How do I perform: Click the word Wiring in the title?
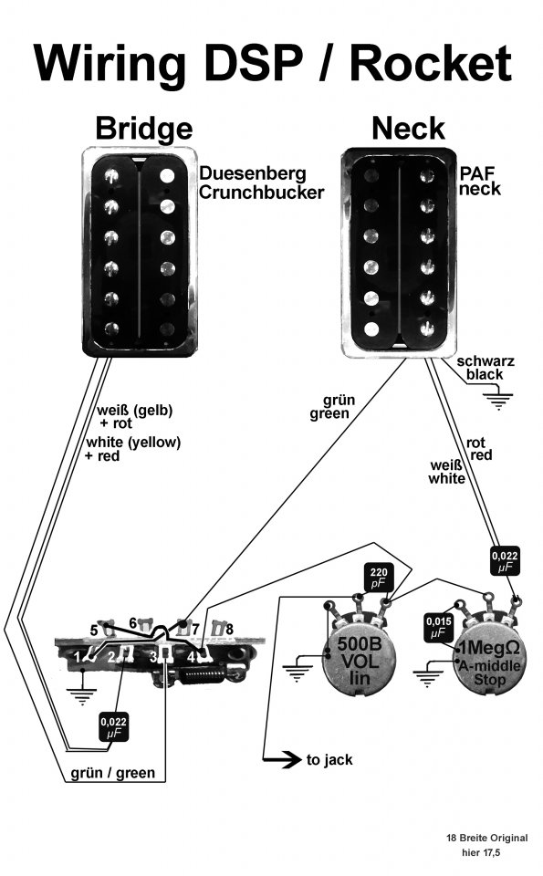click(110, 64)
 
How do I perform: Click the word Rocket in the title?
click(431, 63)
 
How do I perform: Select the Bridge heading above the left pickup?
click(144, 129)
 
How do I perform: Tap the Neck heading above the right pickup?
click(408, 129)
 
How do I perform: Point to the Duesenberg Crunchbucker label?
click(261, 182)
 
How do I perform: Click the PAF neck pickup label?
click(480, 181)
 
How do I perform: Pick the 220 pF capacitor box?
click(378, 578)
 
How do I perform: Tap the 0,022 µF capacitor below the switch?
click(114, 727)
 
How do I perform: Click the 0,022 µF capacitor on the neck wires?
click(505, 561)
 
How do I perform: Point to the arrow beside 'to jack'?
click(282, 759)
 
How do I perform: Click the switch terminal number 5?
click(93, 631)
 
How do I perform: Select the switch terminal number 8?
click(230, 630)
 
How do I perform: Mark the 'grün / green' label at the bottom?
click(112, 773)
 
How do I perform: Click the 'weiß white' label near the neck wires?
click(446, 472)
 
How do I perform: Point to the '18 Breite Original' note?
click(486, 838)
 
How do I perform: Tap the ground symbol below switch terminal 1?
click(81, 696)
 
